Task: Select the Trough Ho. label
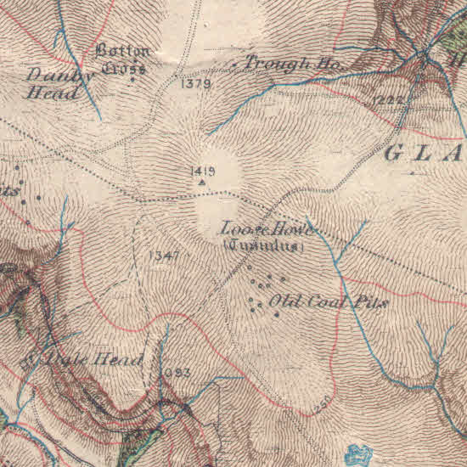pos(291,64)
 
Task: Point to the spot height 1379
pos(195,83)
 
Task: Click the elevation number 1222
pos(385,100)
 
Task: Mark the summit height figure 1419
pos(203,172)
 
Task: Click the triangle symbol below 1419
pos(202,182)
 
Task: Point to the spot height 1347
pos(163,255)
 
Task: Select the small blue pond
pos(360,453)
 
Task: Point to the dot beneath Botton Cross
pos(132,80)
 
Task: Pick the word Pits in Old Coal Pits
pos(370,302)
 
